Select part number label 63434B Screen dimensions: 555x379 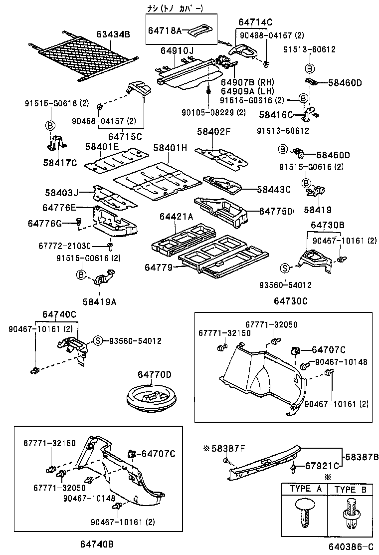113,34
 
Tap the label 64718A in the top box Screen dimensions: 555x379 165,30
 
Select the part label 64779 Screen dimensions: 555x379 159,268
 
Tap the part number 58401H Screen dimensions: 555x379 170,148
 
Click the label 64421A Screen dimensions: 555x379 176,216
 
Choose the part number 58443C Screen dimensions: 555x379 274,189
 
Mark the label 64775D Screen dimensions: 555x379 276,211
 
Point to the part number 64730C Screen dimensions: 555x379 290,301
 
